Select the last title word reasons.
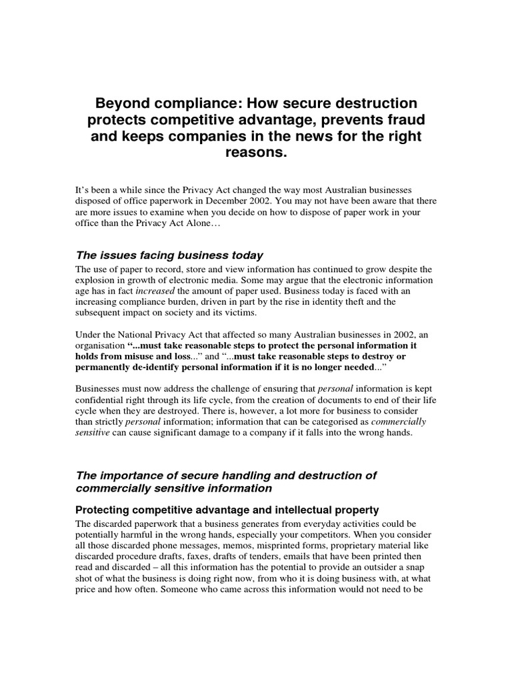[256, 153]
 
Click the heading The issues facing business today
[169, 255]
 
